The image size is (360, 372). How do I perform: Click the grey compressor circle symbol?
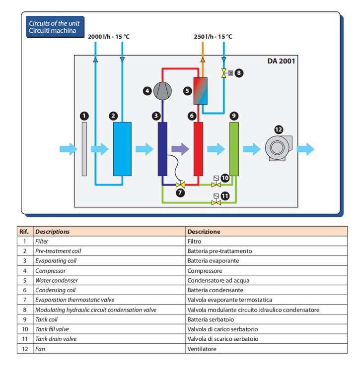click(162, 91)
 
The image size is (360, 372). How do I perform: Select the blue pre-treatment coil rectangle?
click(122, 149)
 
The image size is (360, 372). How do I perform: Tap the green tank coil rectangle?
click(234, 149)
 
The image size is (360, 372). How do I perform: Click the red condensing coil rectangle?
click(198, 149)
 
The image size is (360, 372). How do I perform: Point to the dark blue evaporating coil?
click(162, 149)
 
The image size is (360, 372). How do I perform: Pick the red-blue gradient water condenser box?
click(201, 91)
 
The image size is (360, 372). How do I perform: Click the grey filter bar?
click(84, 149)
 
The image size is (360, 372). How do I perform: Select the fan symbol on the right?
click(279, 148)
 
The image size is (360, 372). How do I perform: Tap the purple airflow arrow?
click(180, 149)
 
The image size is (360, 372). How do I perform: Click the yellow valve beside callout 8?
click(223, 73)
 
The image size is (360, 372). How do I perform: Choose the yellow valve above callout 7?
click(180, 185)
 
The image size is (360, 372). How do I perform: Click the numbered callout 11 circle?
click(225, 196)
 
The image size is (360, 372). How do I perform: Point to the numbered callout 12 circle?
click(279, 129)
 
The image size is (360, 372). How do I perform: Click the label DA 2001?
click(281, 61)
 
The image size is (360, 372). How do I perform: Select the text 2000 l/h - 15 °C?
click(109, 37)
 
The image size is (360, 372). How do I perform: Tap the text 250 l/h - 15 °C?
click(213, 37)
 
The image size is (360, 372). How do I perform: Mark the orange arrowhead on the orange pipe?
click(203, 60)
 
